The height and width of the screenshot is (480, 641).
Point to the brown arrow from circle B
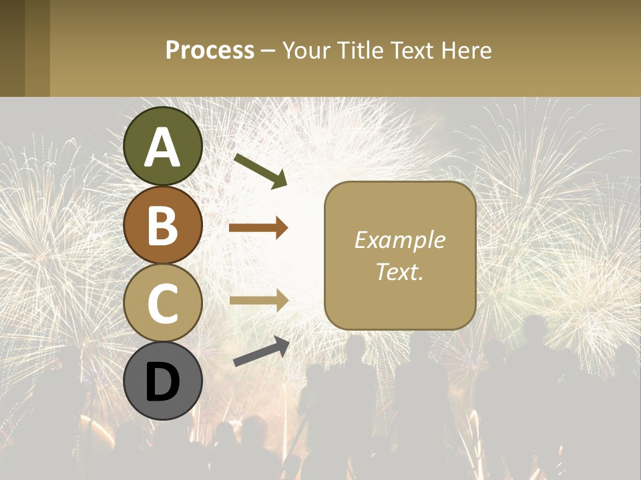point(258,228)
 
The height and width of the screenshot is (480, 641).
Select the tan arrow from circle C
point(258,301)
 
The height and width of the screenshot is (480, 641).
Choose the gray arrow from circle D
point(261,351)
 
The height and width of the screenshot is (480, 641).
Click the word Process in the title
point(210,50)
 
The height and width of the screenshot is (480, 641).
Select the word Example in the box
point(399,240)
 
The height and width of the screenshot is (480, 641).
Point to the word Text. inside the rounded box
point(399,271)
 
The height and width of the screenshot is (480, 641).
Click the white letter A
point(163,147)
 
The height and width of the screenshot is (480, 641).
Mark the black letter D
point(163,382)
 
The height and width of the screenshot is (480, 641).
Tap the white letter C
point(163,303)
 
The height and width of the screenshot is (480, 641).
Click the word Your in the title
point(305,50)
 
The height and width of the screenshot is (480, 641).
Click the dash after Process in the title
point(268,51)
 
